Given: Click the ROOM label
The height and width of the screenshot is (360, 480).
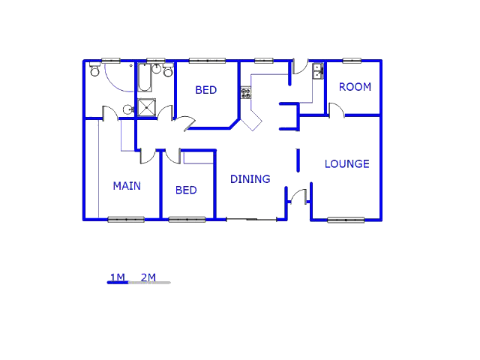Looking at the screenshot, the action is coord(355,87).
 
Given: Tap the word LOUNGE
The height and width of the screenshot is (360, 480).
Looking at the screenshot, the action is coord(346,164).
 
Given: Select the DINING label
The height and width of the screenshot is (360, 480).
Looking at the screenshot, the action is coord(250,179).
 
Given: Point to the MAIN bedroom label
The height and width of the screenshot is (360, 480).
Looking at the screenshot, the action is coord(127,186).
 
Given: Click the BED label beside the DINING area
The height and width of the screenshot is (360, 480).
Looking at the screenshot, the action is coord(186,190).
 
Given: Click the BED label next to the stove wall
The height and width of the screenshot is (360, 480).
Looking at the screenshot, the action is coord(206,90).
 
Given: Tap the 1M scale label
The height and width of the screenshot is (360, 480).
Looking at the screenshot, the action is coord(118,277).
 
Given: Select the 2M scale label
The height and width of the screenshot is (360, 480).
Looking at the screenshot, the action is coord(148,277).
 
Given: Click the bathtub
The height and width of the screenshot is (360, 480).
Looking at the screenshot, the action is coord(145,78).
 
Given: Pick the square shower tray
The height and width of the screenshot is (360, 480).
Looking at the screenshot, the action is coord(147,107).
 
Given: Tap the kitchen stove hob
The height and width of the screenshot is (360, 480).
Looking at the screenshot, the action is coord(246,93).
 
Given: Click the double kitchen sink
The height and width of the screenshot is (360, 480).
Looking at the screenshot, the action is coord(318,71).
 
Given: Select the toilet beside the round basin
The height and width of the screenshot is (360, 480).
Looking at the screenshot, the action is coord(168,70).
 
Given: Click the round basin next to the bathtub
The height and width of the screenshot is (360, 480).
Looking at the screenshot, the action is coord(157,69).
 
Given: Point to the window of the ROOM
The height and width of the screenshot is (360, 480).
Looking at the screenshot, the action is coord(352,61).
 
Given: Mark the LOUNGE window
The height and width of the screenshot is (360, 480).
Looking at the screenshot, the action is coord(346,220).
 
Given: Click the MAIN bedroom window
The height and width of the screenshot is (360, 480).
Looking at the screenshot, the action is coord(126,220).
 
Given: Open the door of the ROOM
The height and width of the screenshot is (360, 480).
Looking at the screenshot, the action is coord(337,109).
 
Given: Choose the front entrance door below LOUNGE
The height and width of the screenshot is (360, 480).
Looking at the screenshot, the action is coord(298,196).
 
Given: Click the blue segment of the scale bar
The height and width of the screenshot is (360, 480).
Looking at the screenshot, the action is coord(118,283).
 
